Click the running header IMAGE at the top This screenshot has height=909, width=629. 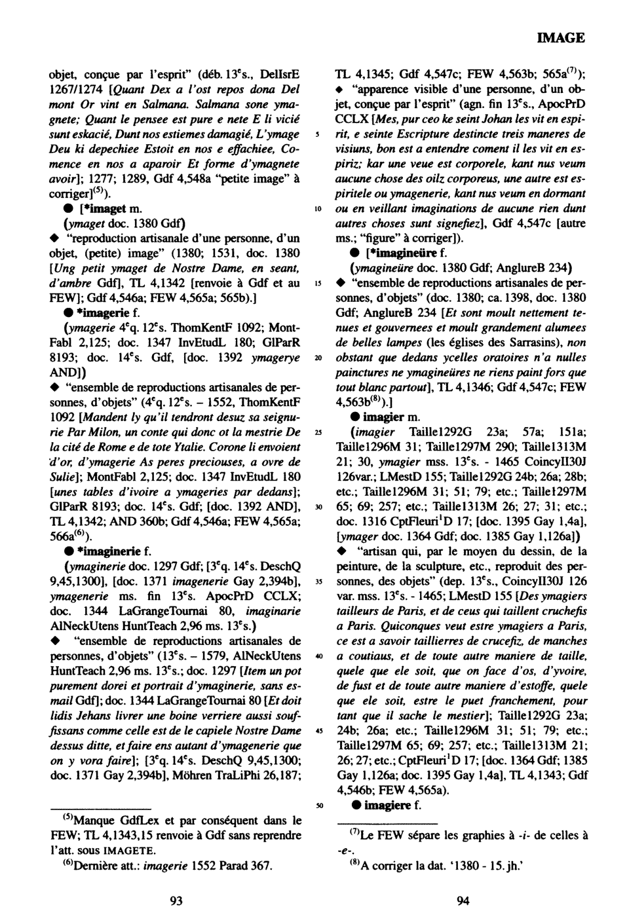point(561,38)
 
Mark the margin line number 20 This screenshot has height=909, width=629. point(317,359)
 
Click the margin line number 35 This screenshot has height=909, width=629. point(317,582)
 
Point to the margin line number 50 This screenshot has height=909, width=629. point(317,805)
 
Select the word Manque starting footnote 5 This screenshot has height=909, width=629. point(96,821)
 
